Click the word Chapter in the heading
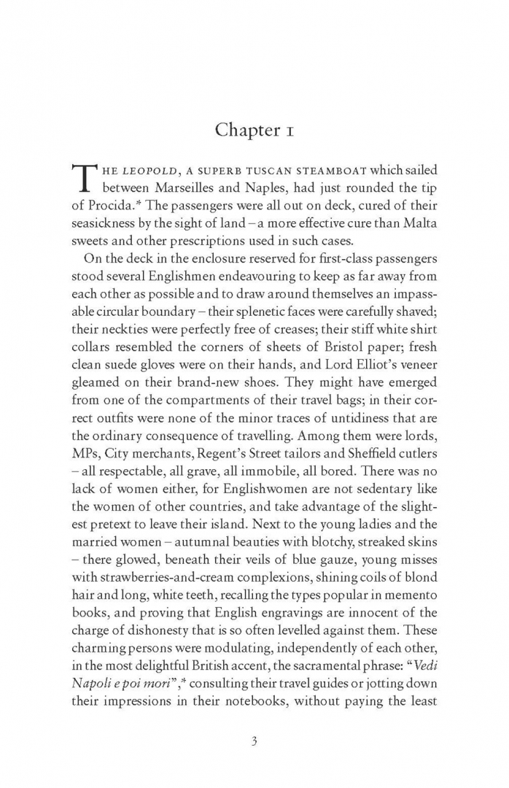coord(245,130)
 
